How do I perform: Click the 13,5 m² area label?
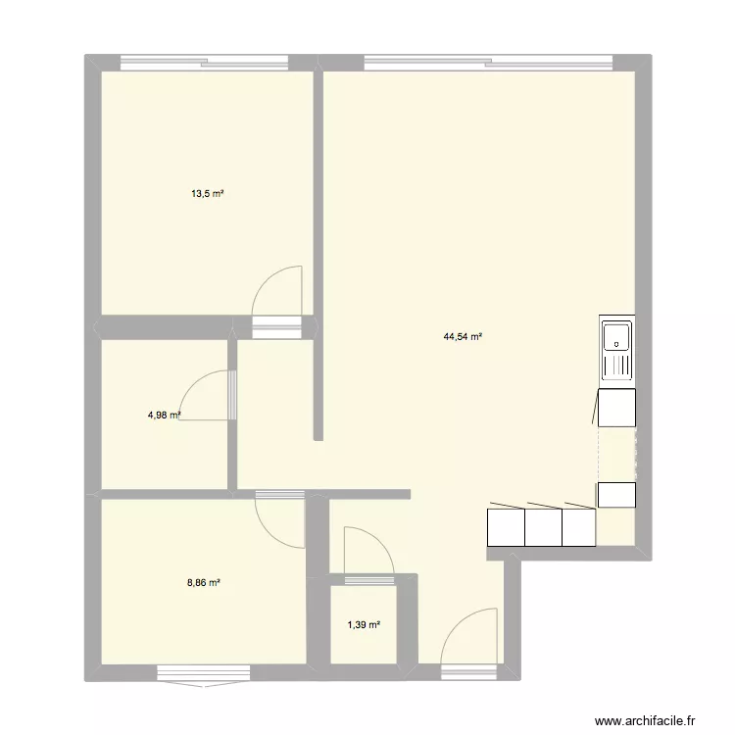point(208,194)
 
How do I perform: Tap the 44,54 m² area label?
point(463,337)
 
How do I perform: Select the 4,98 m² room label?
point(164,415)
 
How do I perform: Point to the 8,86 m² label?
point(204,582)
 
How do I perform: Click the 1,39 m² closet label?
point(364,624)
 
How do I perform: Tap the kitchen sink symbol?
point(617,351)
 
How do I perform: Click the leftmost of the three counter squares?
point(506,527)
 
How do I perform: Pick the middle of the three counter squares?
point(543,527)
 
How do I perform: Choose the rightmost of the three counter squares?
point(579,527)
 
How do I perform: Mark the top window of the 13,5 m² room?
point(204,63)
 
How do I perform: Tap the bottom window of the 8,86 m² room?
point(204,673)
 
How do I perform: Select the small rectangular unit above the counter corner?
point(617,495)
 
